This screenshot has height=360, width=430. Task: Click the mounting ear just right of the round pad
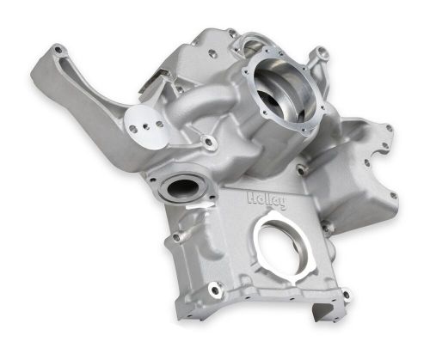208,139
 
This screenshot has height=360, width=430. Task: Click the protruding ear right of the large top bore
323,56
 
